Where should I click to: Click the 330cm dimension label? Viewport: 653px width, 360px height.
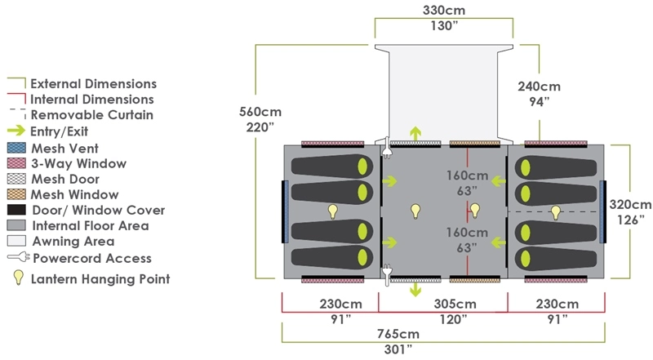pos(443,11)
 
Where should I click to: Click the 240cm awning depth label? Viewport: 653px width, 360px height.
pos(539,87)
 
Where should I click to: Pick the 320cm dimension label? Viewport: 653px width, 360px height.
pos(630,205)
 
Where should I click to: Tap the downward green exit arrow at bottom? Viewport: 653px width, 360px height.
pos(415,288)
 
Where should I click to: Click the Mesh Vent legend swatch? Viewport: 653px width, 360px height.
pos(17,149)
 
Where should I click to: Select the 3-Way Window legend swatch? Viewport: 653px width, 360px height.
pos(17,164)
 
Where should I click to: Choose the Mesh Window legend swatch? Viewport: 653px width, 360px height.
pos(17,194)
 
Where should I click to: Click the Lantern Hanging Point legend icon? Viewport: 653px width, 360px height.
pos(17,278)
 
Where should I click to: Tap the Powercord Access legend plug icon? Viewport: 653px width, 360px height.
pos(18,259)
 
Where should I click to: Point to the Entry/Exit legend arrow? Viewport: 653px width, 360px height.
pos(17,131)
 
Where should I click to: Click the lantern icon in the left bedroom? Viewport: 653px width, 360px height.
pos(333,211)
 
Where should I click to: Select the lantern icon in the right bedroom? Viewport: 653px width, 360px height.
pos(556,211)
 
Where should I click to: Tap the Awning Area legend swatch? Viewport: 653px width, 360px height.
pos(17,241)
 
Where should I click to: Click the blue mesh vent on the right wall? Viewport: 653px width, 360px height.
pos(602,212)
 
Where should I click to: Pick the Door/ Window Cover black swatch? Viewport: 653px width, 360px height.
pos(17,210)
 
